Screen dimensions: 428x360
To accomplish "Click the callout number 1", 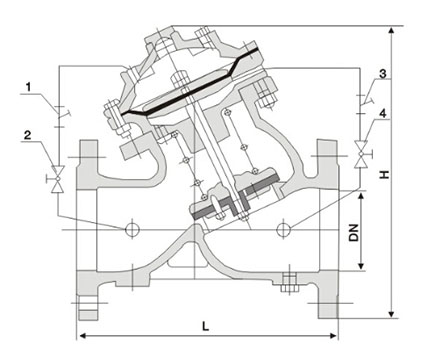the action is click(x=28, y=87).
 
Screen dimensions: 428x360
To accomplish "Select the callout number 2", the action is click(x=28, y=135).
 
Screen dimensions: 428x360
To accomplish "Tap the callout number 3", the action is click(x=383, y=73).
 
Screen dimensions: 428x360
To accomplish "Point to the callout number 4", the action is click(x=383, y=113).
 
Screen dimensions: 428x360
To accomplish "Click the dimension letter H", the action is click(x=385, y=174).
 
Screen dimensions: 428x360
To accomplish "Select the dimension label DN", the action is click(x=354, y=232).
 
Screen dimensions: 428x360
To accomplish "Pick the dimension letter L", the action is click(x=206, y=326).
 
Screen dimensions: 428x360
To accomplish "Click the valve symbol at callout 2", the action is click(x=57, y=179).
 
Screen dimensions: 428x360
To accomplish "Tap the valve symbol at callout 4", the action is click(x=361, y=154).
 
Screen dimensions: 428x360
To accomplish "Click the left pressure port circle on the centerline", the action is click(x=131, y=229).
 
